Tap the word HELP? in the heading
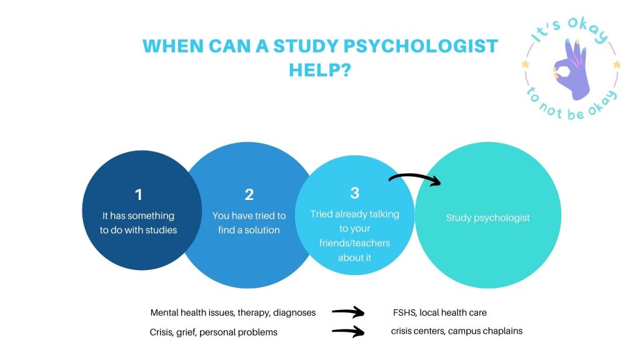coord(320,70)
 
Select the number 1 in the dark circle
coord(139,195)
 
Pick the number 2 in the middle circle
coord(249,195)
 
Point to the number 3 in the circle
coord(355,193)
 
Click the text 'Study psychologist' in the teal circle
coord(487,217)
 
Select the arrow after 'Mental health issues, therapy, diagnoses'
coord(347,312)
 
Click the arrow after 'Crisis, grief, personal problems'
coord(347,331)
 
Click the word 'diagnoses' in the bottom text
coord(294,313)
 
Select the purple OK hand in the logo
coord(571,69)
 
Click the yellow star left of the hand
coord(525,64)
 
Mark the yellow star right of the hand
coord(617,64)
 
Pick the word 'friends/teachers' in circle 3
coord(355,243)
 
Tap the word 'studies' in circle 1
coord(161,230)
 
